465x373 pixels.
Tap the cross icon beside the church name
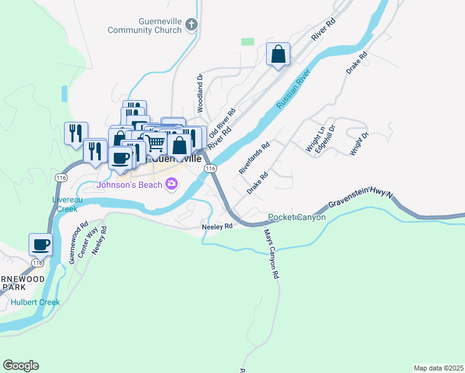(x=191, y=25)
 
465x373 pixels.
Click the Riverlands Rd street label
(x=254, y=158)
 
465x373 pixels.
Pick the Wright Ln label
(x=315, y=139)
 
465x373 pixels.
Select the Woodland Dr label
(x=200, y=93)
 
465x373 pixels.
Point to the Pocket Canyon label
(x=297, y=218)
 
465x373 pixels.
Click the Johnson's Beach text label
(x=129, y=185)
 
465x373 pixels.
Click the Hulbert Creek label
(x=35, y=303)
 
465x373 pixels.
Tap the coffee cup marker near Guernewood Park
(x=40, y=244)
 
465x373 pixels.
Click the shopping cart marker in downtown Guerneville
(x=155, y=142)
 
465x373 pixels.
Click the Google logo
(x=21, y=366)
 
